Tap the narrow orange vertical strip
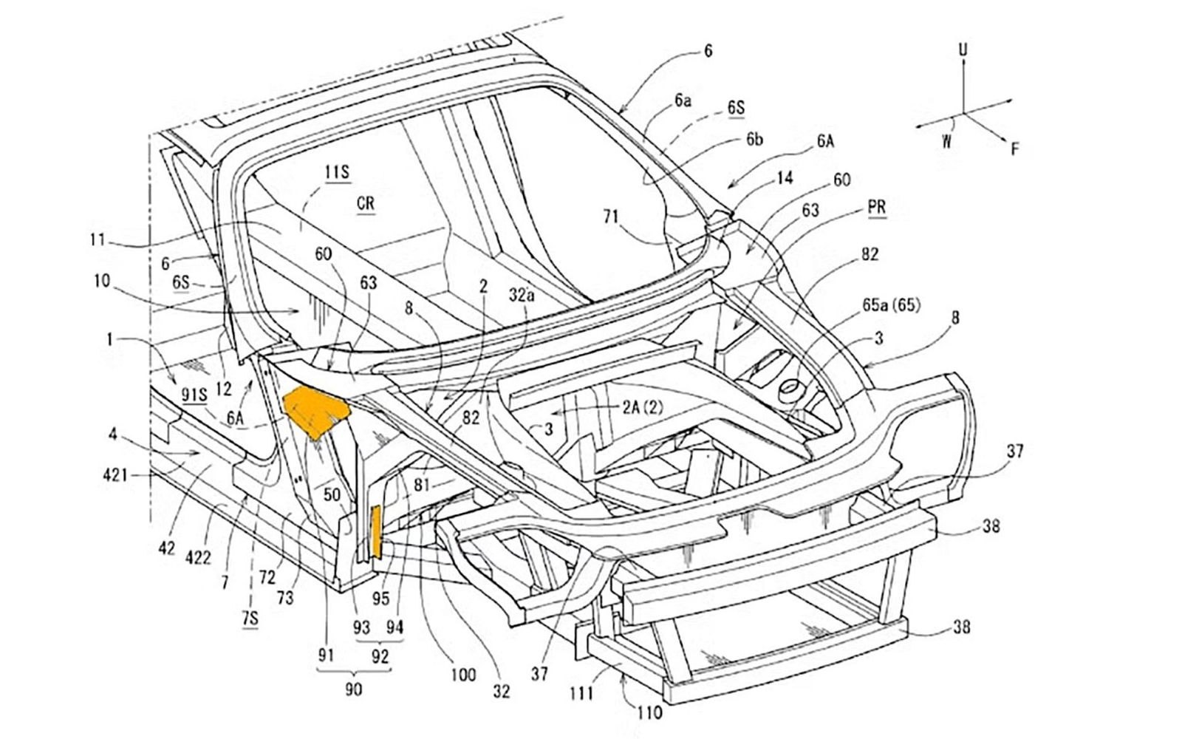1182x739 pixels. point(377,531)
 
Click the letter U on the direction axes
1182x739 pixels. point(963,50)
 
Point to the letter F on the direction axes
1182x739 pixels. point(1015,149)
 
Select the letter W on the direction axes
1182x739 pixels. point(947,141)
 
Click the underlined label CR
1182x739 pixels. point(366,203)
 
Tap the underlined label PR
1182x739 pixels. point(876,207)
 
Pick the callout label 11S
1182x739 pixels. point(337,172)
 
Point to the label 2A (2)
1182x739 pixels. point(643,407)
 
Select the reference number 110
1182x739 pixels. point(649,712)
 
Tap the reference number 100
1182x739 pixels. point(462,674)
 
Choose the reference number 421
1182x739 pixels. point(115,475)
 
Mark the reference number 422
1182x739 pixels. point(198,557)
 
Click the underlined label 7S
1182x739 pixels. point(250,618)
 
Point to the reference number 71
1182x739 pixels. point(610,217)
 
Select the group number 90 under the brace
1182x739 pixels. point(353,689)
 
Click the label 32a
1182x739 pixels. point(522,294)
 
